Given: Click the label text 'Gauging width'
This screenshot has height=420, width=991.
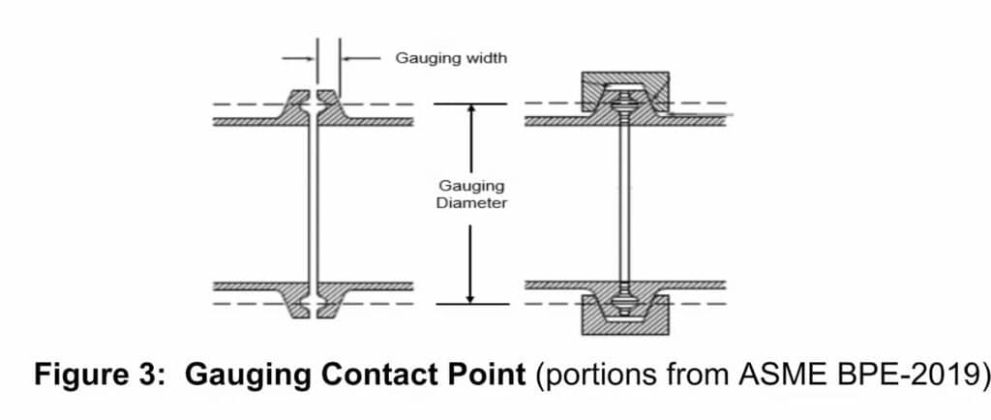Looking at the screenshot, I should click(450, 58).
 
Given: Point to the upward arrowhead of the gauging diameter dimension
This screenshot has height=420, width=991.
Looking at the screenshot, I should click(471, 109).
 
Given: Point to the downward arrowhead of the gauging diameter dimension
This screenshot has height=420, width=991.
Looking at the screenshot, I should click(471, 297).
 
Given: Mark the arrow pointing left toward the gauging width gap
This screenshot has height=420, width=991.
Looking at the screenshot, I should click(360, 58).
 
